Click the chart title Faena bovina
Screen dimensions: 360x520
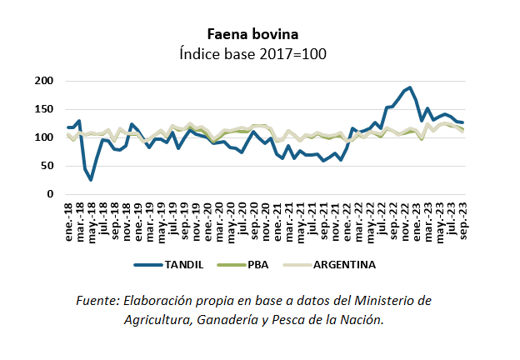253,33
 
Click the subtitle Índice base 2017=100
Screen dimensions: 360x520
253,53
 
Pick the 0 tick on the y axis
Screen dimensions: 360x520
49,194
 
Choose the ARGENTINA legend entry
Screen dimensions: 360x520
342,265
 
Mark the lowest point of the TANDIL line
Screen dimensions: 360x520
91,179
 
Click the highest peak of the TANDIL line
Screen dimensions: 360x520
410,87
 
